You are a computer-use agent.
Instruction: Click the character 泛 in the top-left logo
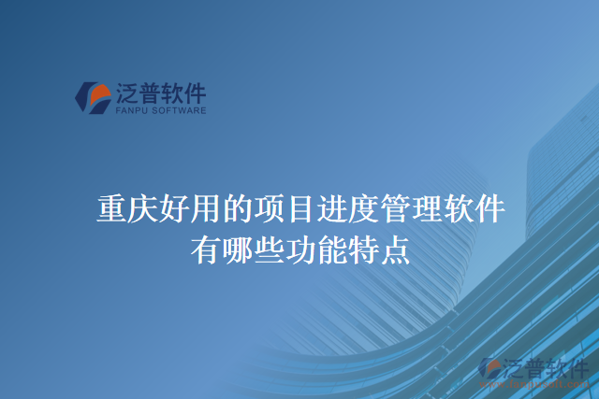point(128,93)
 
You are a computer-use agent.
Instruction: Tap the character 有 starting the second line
point(204,250)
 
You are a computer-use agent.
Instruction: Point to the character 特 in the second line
point(363,250)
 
